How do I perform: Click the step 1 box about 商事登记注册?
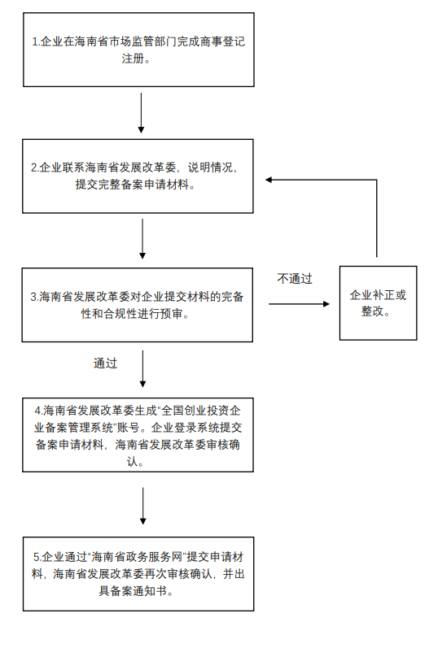[138, 50]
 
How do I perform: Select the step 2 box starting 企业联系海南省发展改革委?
[138, 176]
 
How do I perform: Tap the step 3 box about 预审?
[138, 305]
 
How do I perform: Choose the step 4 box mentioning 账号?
[138, 434]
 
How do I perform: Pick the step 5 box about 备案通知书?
[138, 573]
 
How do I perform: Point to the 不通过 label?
[295, 278]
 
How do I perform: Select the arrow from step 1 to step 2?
[142, 113]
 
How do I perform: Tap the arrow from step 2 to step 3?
[142, 239]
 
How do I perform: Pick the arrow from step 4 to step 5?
[142, 506]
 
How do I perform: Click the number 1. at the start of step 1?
[36, 41]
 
